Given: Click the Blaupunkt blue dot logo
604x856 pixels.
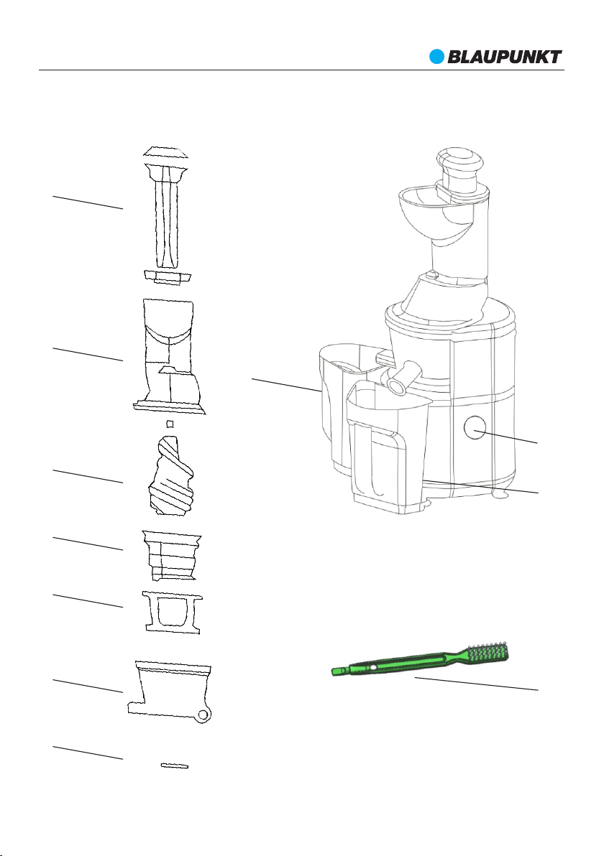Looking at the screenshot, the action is coord(436,57).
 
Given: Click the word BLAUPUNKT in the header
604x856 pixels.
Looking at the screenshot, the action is coord(505,57).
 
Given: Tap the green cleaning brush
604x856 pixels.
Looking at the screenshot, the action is coord(421,659).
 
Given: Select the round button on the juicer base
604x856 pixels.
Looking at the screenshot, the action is coord(475,427).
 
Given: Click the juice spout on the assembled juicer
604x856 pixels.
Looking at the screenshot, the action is coord(402,378).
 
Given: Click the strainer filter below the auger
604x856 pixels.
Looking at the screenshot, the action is coord(172,555).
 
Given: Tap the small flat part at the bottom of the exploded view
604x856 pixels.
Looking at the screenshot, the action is coord(174,766).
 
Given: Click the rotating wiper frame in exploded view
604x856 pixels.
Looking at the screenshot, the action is coord(172,612).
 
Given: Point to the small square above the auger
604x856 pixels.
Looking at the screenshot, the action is coord(170,424).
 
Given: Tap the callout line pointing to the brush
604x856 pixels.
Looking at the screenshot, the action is coord(476,684).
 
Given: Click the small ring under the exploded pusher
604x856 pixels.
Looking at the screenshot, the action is coord(168,276).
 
